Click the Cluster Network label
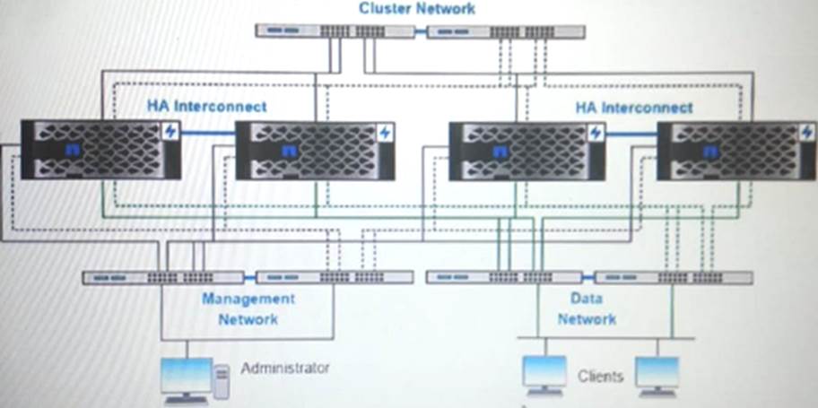coord(417,9)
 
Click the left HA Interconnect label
coord(207,106)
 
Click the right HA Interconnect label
coord(634,108)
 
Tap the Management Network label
coord(248,308)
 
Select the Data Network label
coord(587,308)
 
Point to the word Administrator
coord(286,368)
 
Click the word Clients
coord(600,376)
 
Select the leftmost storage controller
coord(101,149)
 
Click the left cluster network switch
coord(334,30)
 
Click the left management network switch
coord(162,278)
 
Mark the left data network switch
coord(504,277)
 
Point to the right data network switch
coord(674,277)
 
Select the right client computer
coord(657,375)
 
